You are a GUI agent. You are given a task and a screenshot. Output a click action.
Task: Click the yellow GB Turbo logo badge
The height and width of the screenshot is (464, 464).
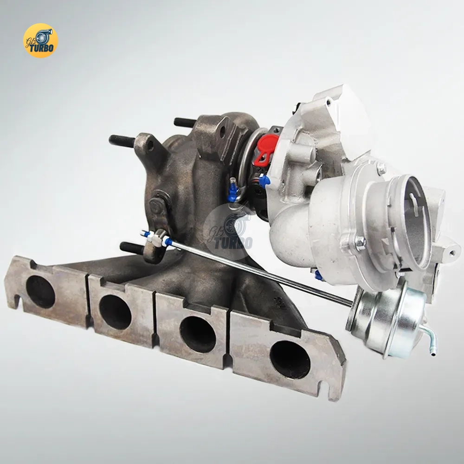tap(40, 40)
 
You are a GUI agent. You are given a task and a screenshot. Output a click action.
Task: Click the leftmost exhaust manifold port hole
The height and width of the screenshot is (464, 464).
tap(40, 292)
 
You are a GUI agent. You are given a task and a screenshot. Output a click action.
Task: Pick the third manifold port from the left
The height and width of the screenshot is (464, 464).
tap(198, 335)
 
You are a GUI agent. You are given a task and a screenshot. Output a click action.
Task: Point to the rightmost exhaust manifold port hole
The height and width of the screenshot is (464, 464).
tap(290, 361)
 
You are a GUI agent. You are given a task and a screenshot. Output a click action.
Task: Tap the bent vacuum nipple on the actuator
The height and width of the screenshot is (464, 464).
tap(430, 340)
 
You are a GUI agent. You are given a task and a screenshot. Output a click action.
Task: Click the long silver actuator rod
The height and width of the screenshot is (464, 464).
tap(260, 272)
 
